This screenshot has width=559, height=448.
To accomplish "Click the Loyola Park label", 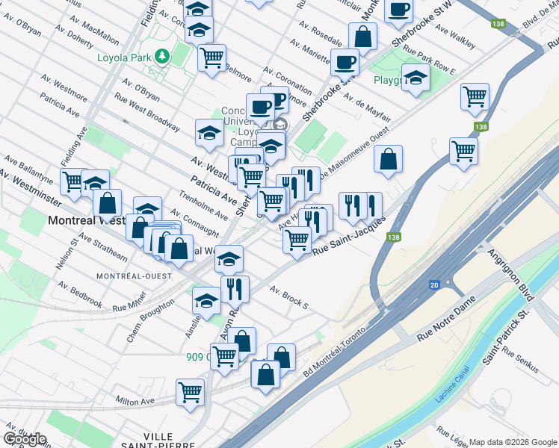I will coord(124,57).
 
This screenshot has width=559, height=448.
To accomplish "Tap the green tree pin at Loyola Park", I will coord(161,56).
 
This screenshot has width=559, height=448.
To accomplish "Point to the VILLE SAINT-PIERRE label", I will coord(146,441).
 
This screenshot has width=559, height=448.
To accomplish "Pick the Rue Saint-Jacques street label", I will coord(348,236).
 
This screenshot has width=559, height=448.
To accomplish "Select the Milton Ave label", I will coord(136,401).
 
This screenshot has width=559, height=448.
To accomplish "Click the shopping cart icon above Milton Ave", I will coord(191,391).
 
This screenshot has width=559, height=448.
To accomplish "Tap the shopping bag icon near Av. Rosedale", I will coord(362,35).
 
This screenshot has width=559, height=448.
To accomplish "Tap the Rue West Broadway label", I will coord(146,111).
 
